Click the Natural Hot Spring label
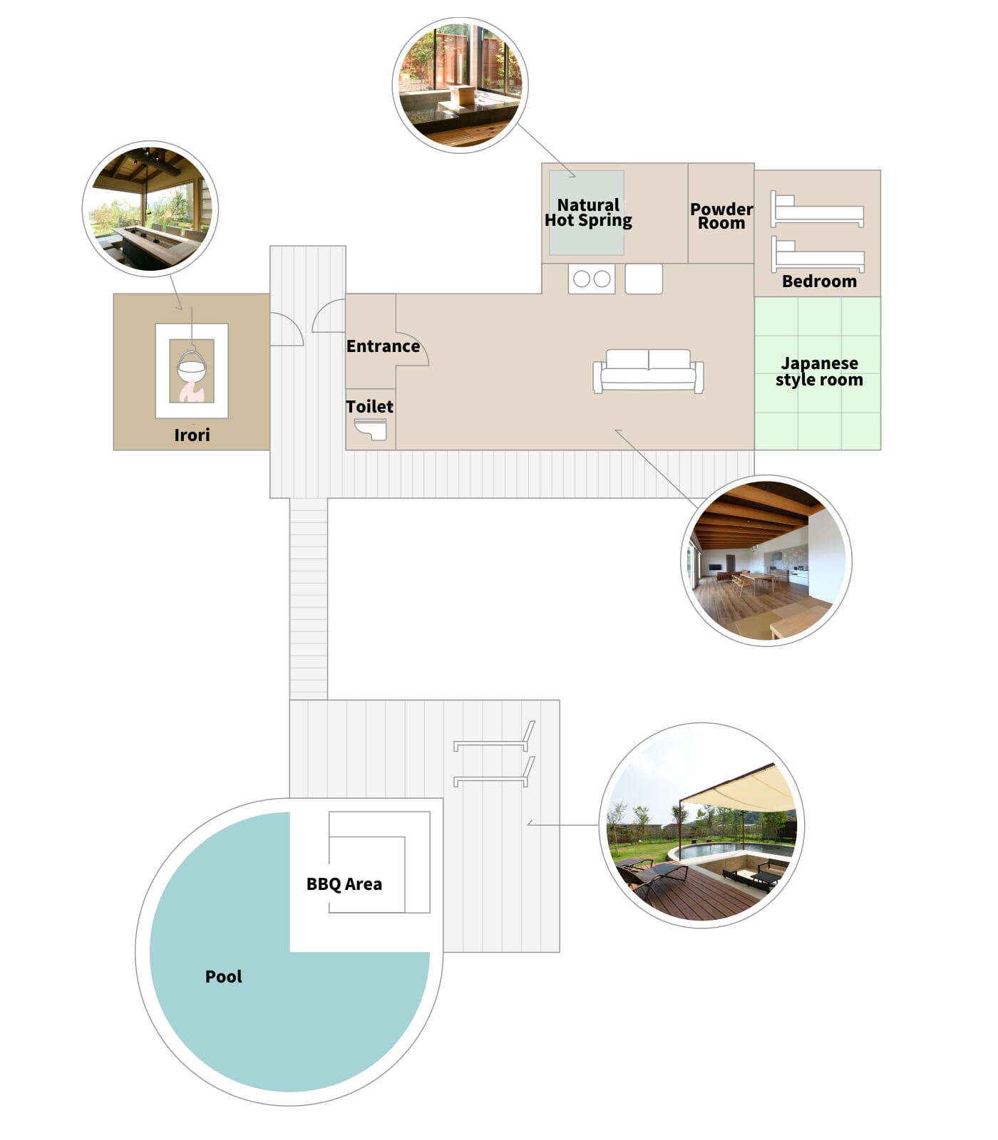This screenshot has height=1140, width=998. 588,212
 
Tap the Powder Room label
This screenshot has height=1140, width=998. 721,216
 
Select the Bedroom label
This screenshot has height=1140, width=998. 819,281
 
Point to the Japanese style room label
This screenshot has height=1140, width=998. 819,371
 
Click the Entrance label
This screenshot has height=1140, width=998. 383,346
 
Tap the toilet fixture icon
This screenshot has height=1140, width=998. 371,429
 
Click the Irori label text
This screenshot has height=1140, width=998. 192,435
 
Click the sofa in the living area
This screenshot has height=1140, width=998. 648,370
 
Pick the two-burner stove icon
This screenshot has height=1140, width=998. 592,279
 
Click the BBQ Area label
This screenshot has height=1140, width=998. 344,884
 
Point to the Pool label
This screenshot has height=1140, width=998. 224,977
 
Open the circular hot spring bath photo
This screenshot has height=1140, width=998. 461,85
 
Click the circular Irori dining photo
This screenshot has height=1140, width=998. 150,209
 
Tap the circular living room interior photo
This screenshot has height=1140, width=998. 766,561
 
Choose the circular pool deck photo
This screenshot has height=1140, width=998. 702,825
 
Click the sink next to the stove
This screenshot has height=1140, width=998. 644,279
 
